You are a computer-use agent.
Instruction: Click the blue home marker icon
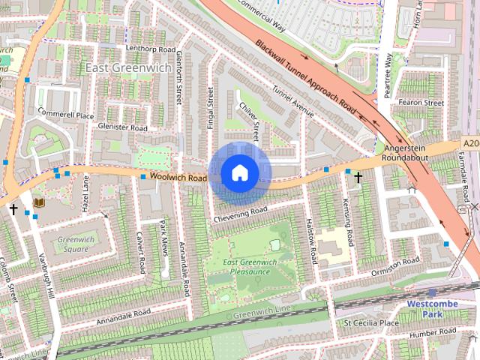click(240, 173)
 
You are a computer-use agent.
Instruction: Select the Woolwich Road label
click(178, 177)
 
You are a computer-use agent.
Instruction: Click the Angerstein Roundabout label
click(405, 152)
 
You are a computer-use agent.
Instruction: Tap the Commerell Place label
click(66, 115)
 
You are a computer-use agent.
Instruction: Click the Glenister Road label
click(122, 127)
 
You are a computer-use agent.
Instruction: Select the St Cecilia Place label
click(371, 322)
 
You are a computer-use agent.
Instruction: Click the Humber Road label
click(433, 332)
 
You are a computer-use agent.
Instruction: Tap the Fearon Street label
click(422, 102)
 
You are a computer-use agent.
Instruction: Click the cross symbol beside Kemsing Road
click(358, 178)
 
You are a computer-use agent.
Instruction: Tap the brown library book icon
click(39, 202)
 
